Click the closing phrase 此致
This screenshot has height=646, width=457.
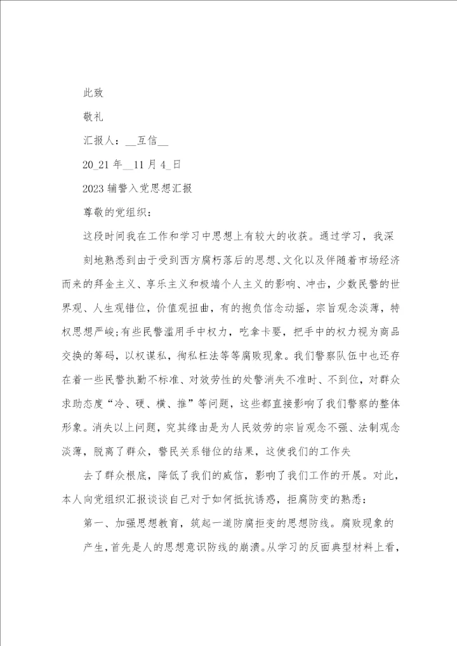(x=93, y=93)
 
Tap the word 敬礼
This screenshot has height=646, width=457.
(x=93, y=117)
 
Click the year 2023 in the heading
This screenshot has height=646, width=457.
(x=95, y=189)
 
